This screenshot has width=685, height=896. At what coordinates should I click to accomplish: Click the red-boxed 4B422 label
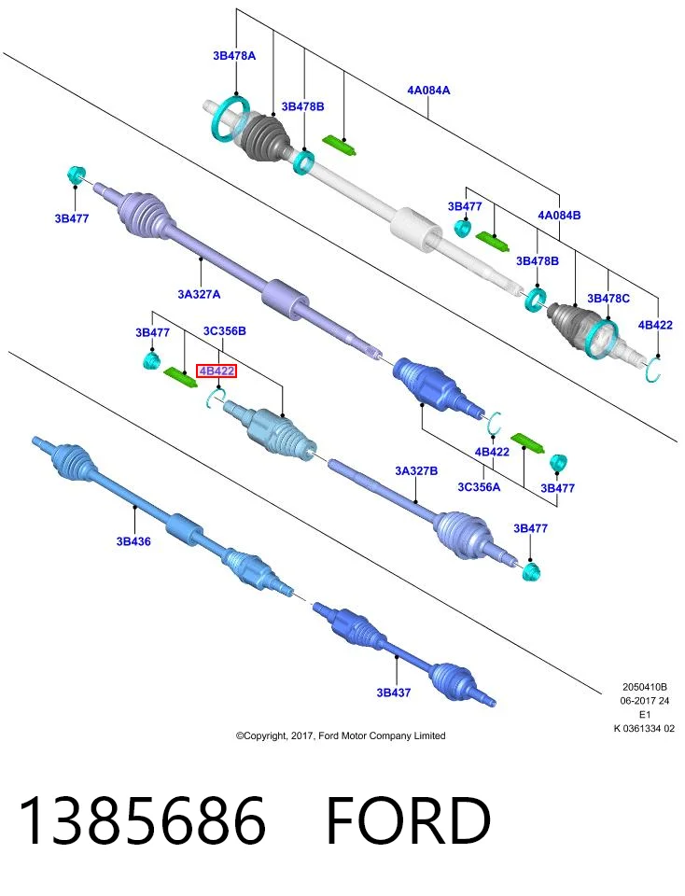click(217, 371)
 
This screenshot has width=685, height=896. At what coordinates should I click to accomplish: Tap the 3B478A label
click(234, 55)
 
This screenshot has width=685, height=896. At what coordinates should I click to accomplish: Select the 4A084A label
click(428, 90)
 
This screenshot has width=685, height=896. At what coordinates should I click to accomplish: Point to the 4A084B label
click(559, 215)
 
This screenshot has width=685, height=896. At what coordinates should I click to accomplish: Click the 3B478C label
click(608, 299)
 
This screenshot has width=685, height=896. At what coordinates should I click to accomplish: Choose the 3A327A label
click(199, 294)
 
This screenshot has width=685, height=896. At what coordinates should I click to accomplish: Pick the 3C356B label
click(225, 330)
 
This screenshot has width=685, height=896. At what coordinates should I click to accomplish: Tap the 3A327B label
click(416, 470)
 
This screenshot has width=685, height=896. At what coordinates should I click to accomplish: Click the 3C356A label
click(479, 486)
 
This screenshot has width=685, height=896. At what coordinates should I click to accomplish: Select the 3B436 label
click(133, 541)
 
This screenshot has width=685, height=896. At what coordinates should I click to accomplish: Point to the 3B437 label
click(394, 692)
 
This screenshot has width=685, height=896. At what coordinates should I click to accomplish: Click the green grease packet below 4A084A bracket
click(341, 146)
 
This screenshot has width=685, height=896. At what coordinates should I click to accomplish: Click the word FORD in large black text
click(408, 820)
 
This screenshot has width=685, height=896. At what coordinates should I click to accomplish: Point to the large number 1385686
click(143, 820)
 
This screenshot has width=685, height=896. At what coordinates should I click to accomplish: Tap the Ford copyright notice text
click(341, 735)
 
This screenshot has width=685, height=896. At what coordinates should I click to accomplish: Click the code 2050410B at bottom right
click(645, 687)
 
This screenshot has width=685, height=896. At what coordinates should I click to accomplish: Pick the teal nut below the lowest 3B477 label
click(531, 571)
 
